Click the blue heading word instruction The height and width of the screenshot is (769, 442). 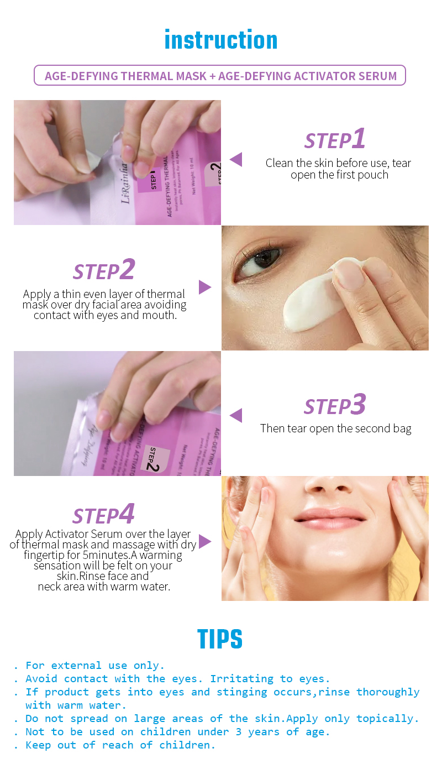pos(221,40)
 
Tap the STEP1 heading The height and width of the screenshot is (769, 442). pos(335,139)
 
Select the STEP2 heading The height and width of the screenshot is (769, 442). pos(104,270)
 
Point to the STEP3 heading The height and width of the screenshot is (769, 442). pos(335,405)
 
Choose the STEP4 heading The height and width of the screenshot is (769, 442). pos(104,515)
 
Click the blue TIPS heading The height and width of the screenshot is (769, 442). pos(220,640)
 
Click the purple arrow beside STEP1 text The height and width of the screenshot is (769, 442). pos(236,160)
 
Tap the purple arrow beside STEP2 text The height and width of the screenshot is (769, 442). pos(204,287)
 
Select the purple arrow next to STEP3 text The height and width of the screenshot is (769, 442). pos(236,416)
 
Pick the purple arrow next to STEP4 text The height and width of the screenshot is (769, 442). pos(204,542)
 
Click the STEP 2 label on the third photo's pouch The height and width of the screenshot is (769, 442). pos(154,458)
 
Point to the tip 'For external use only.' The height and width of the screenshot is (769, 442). pos(95,666)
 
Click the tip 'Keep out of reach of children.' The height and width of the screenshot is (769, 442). pos(120,745)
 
